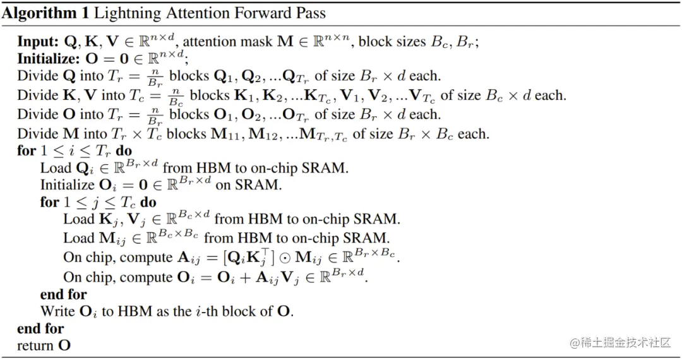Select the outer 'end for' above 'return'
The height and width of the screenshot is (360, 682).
[40, 328]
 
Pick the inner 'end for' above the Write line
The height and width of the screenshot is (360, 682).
[63, 294]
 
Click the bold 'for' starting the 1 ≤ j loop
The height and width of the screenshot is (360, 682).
[49, 202]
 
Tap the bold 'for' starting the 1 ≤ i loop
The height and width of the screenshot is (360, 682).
[27, 151]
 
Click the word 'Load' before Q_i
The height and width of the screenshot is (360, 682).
[54, 168]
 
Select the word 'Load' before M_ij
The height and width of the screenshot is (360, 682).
[77, 238]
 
